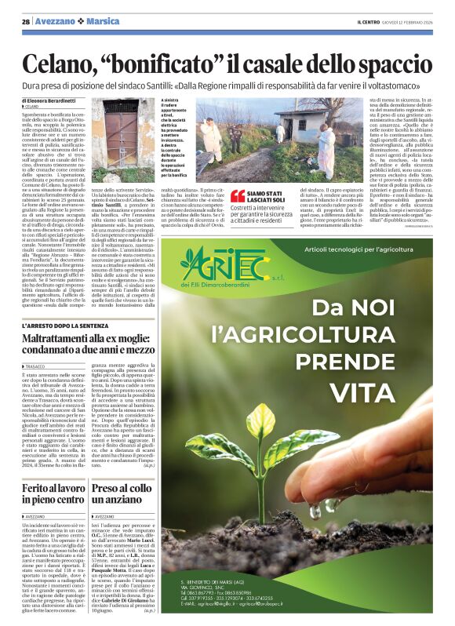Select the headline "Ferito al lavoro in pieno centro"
(53, 493)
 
